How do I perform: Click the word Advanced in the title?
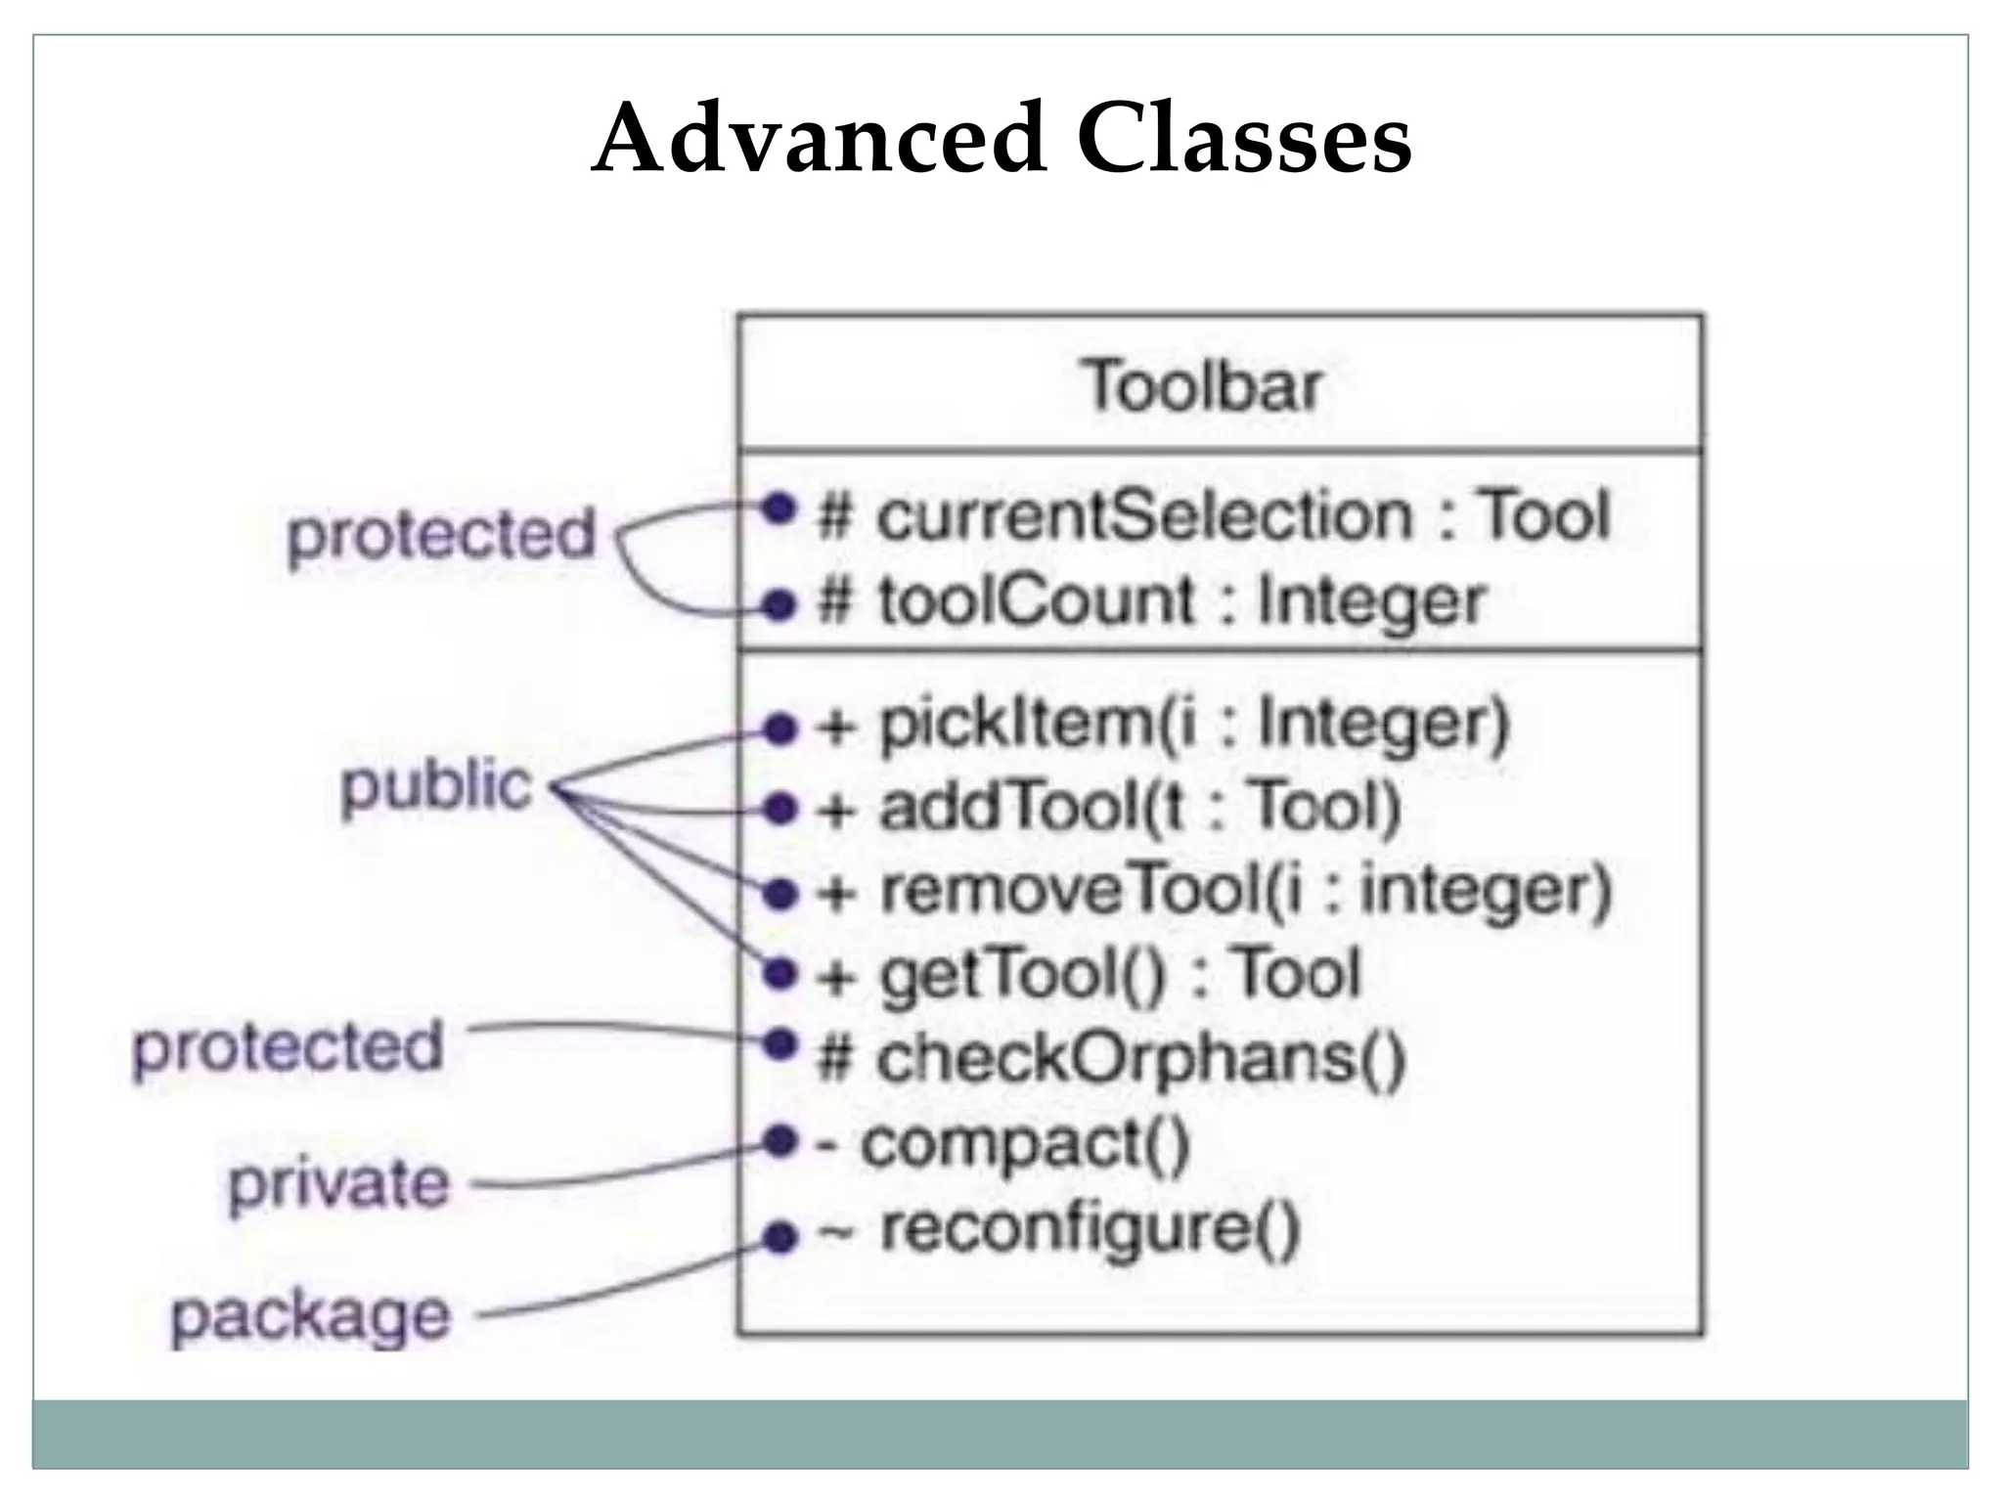[819, 139]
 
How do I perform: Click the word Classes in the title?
[1244, 139]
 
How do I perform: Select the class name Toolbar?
[1202, 386]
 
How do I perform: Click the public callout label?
[436, 787]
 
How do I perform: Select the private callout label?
[338, 1184]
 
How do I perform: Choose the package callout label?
[311, 1316]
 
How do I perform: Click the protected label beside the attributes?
[441, 535]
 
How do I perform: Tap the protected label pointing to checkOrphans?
[289, 1047]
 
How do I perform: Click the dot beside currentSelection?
[779, 507]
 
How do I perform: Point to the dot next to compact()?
[779, 1140]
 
